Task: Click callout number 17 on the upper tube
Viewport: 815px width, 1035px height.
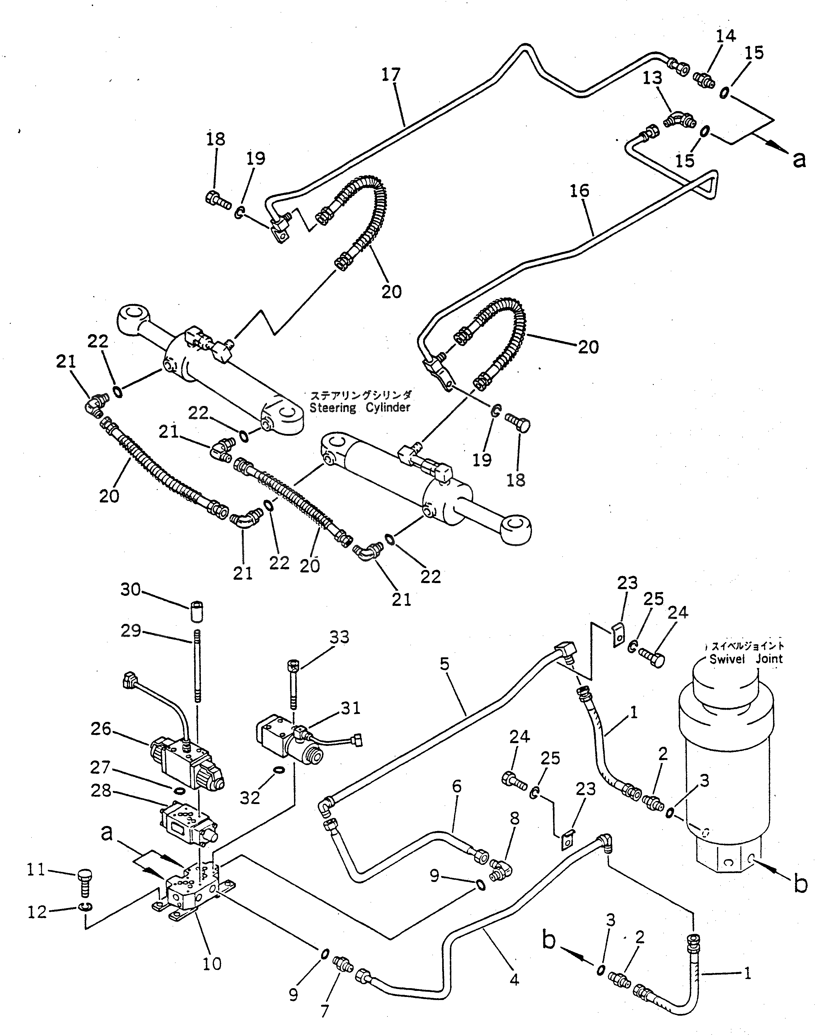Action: pyautogui.click(x=391, y=75)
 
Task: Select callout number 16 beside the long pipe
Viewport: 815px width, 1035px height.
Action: pyautogui.click(x=579, y=191)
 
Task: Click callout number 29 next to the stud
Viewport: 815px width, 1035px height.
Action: pyautogui.click(x=130, y=631)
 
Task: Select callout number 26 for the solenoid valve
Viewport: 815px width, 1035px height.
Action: pyautogui.click(x=101, y=729)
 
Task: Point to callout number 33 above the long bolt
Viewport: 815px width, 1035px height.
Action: pyautogui.click(x=339, y=637)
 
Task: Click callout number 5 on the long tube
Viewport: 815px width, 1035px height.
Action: pyautogui.click(x=445, y=665)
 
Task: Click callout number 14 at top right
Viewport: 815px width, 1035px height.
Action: pyautogui.click(x=725, y=36)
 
